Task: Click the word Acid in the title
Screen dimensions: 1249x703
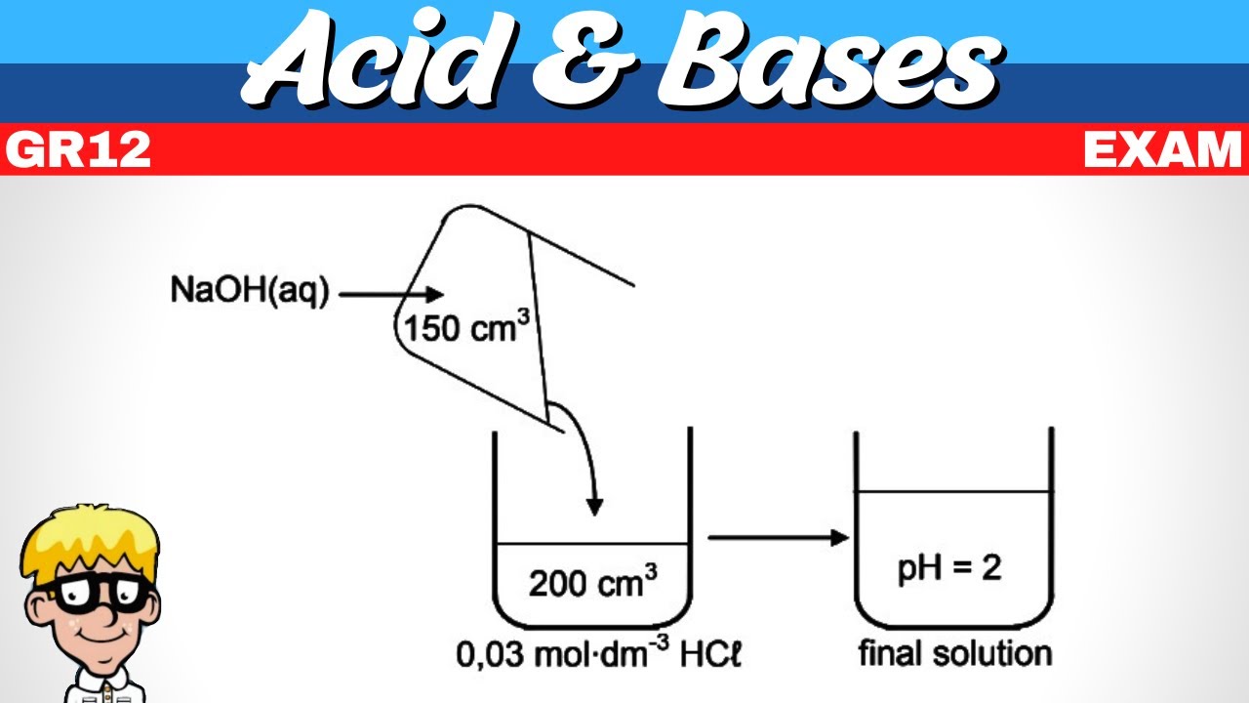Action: click(x=370, y=59)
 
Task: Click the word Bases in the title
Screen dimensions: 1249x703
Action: click(x=830, y=59)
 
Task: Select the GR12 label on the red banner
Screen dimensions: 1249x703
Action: click(x=78, y=149)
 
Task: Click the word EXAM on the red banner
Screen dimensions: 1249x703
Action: click(x=1163, y=149)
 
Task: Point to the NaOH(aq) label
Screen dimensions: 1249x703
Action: click(x=250, y=291)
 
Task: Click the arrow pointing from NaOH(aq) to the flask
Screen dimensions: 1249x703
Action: click(x=391, y=294)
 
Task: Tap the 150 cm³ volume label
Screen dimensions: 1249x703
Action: click(x=466, y=327)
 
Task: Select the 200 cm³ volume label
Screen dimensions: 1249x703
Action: click(x=592, y=582)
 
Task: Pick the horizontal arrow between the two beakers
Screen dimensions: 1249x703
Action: click(x=779, y=538)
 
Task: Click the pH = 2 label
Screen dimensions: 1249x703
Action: click(x=949, y=569)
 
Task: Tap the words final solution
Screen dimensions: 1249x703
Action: click(x=955, y=653)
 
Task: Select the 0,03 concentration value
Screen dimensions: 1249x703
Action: click(x=491, y=654)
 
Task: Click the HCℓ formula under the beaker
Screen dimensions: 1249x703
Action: click(x=711, y=654)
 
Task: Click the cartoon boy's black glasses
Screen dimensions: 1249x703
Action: click(x=96, y=593)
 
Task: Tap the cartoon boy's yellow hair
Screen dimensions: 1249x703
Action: click(x=89, y=541)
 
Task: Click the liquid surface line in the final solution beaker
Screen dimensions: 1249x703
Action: click(x=954, y=491)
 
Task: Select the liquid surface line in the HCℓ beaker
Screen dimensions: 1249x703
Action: click(x=592, y=544)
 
